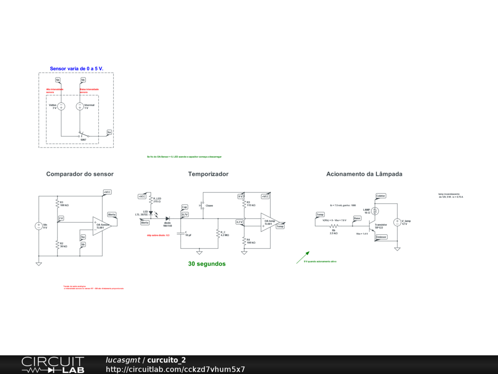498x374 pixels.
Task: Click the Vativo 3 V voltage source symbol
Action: (61, 106)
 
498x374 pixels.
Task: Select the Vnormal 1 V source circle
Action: (80, 106)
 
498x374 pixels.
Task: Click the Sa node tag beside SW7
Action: (109, 132)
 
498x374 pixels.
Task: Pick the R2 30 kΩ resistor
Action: (57, 245)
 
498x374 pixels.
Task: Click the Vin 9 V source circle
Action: (39, 226)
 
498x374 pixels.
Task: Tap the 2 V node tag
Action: (61, 218)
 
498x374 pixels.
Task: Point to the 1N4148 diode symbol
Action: (167, 219)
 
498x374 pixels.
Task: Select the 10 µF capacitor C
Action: (181, 234)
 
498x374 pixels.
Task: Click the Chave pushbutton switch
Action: (201, 205)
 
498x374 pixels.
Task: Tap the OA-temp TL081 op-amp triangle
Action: (269, 223)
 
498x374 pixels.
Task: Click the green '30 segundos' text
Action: (207, 263)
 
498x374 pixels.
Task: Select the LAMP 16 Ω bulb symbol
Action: (375, 211)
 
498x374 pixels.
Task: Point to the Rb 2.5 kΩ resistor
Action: (334, 226)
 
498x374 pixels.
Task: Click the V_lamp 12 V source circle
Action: (397, 222)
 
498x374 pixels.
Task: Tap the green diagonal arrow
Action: (303, 258)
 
